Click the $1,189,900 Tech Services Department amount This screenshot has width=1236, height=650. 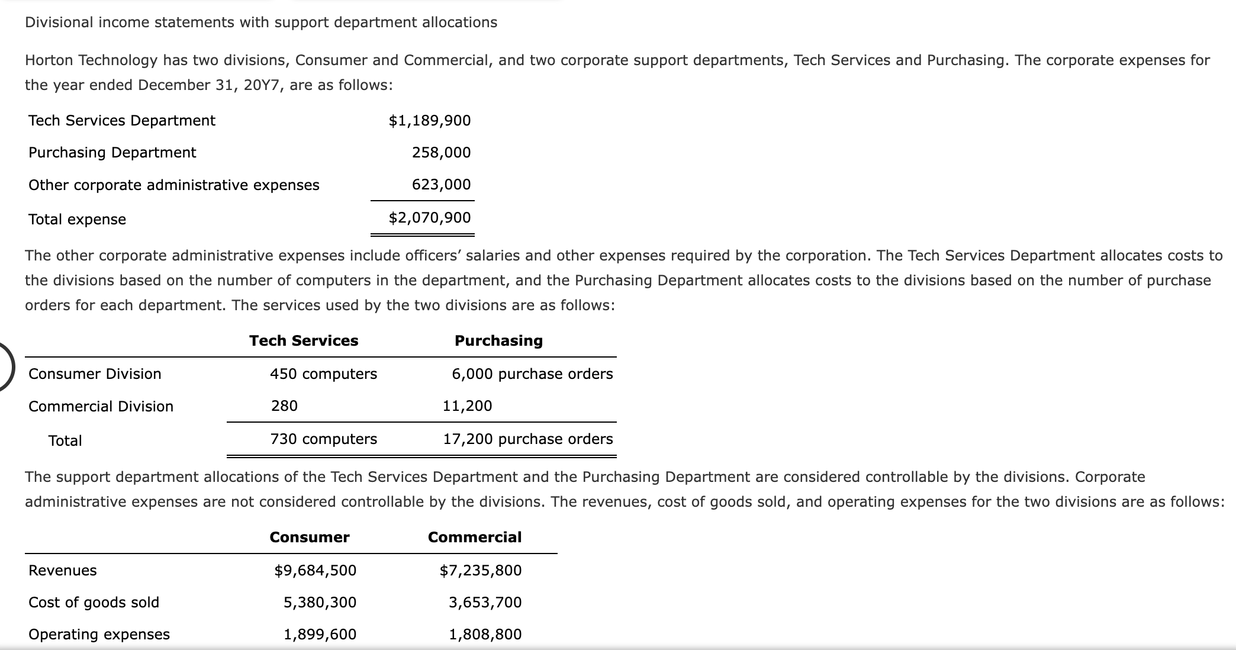(429, 121)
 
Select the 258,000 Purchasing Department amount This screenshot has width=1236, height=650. (441, 153)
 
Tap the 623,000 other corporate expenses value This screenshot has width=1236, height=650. (441, 185)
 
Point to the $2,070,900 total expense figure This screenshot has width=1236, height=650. (429, 218)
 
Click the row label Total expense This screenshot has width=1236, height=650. (77, 220)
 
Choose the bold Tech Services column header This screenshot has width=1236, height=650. (304, 341)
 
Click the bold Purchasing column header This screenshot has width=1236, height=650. (498, 341)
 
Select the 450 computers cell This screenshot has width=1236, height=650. (323, 374)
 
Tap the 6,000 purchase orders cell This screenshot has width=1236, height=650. (532, 374)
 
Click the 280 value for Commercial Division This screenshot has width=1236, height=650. (284, 406)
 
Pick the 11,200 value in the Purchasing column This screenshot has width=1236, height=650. (467, 406)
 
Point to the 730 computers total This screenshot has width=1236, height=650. (323, 439)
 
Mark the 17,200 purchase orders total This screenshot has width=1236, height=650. (527, 439)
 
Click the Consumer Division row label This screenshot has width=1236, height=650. (95, 374)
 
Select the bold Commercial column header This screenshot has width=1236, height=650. (475, 538)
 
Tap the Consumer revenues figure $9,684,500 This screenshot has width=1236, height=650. (315, 571)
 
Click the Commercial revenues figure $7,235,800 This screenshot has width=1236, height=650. (480, 571)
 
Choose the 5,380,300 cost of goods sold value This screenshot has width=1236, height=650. (320, 603)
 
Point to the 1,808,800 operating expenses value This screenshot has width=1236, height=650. (485, 635)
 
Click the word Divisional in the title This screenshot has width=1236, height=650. (59, 22)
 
